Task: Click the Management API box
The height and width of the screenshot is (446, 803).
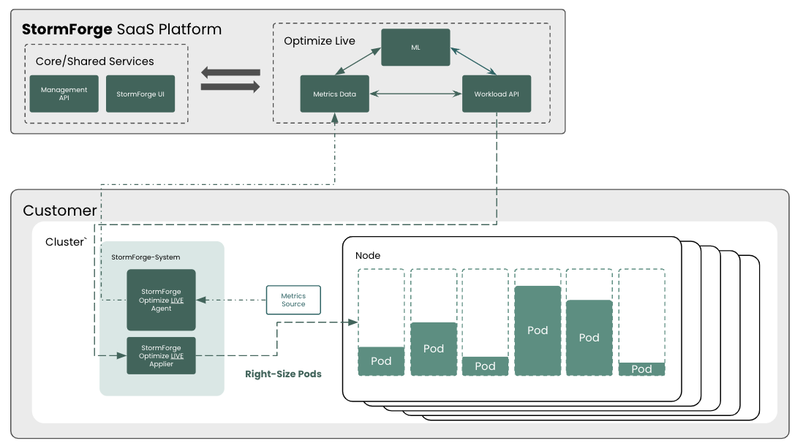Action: (64, 94)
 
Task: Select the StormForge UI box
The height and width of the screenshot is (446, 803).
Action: (140, 94)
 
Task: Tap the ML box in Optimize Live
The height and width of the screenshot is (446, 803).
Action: (415, 47)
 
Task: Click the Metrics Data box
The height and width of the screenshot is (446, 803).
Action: (334, 94)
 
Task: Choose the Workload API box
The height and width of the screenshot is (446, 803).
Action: (497, 94)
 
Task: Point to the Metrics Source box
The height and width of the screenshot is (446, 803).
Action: (293, 300)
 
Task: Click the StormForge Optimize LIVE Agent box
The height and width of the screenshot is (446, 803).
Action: (161, 300)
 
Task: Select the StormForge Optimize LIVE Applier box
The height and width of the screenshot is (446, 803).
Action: (161, 356)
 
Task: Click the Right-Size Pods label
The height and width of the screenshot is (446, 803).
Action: (283, 374)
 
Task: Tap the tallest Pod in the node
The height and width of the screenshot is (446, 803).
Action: (538, 330)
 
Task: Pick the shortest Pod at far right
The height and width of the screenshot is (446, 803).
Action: (641, 368)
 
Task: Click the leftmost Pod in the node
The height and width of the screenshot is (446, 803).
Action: (381, 360)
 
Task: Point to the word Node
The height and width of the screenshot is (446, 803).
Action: (368, 255)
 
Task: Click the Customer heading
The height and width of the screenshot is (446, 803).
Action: (60, 211)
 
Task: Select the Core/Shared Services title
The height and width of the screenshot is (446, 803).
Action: (95, 61)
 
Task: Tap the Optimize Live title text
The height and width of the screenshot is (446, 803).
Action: (320, 41)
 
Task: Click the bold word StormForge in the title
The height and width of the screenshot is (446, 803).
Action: (67, 29)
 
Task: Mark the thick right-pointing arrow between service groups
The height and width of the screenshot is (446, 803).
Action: (230, 87)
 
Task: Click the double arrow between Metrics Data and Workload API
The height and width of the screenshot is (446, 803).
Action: (415, 94)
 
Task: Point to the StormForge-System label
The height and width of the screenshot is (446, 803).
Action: (146, 257)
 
